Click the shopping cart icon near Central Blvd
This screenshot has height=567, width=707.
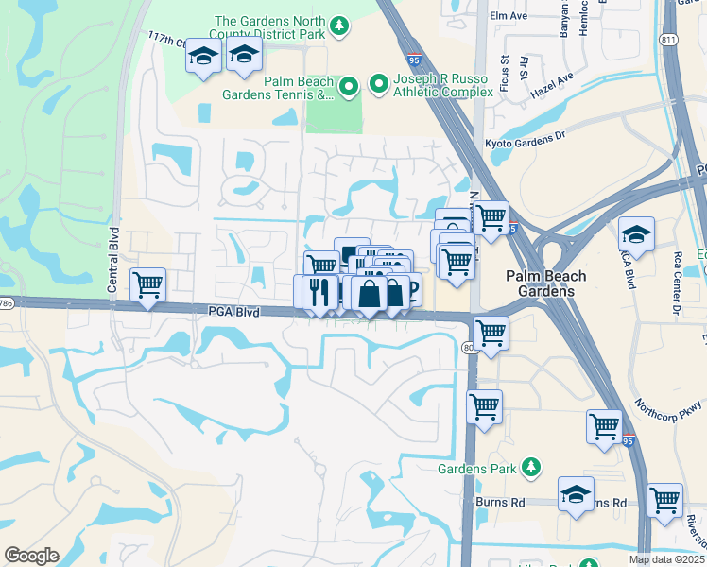147,284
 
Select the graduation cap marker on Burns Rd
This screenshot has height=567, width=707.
576,494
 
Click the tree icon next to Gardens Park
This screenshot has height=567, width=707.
531,468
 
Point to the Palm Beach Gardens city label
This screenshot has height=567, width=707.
545,283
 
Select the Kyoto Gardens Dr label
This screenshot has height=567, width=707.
525,136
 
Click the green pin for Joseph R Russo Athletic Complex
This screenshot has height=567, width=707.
379,84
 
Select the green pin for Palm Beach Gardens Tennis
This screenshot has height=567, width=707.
348,88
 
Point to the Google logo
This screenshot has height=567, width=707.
31,556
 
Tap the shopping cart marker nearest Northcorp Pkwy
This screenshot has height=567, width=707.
603,426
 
